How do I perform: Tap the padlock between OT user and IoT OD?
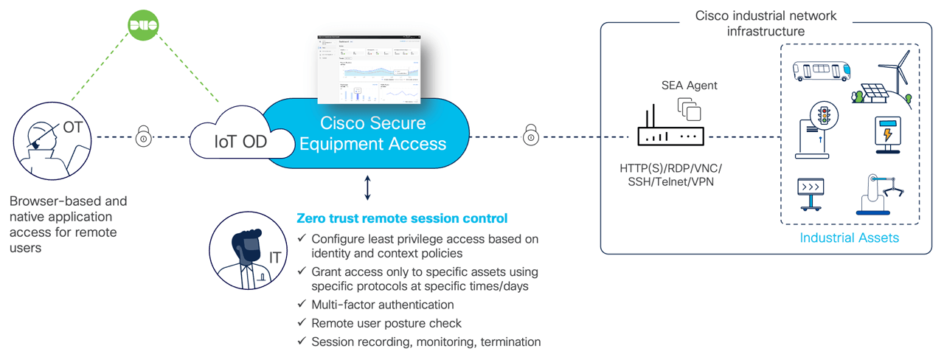(144, 137)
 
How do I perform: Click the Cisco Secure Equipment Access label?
(372, 133)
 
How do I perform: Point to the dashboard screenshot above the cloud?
(369, 69)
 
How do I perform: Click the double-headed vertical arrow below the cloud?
(367, 188)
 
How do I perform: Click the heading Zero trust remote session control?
(401, 218)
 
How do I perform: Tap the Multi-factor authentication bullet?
(382, 304)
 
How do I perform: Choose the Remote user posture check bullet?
(386, 323)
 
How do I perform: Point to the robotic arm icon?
(879, 193)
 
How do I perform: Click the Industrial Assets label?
(849, 238)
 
